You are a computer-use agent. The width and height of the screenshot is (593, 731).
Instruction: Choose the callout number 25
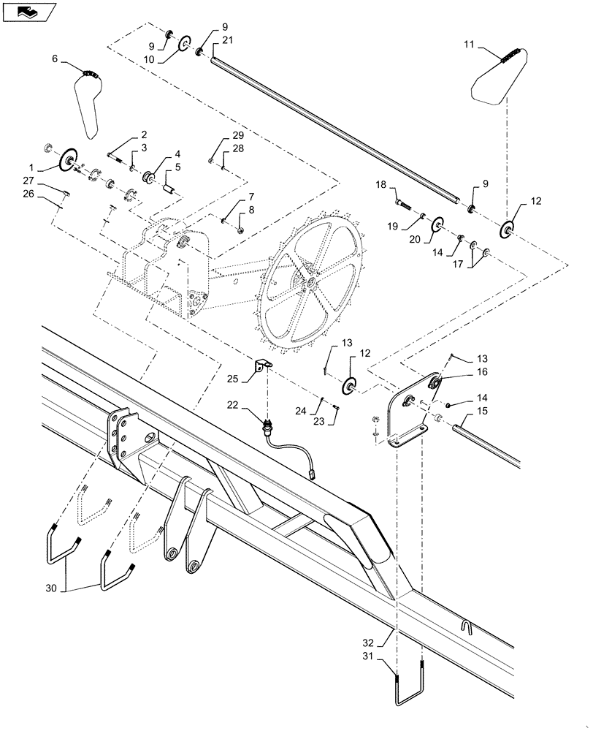232,379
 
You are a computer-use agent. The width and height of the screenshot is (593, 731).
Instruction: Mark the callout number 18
381,186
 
